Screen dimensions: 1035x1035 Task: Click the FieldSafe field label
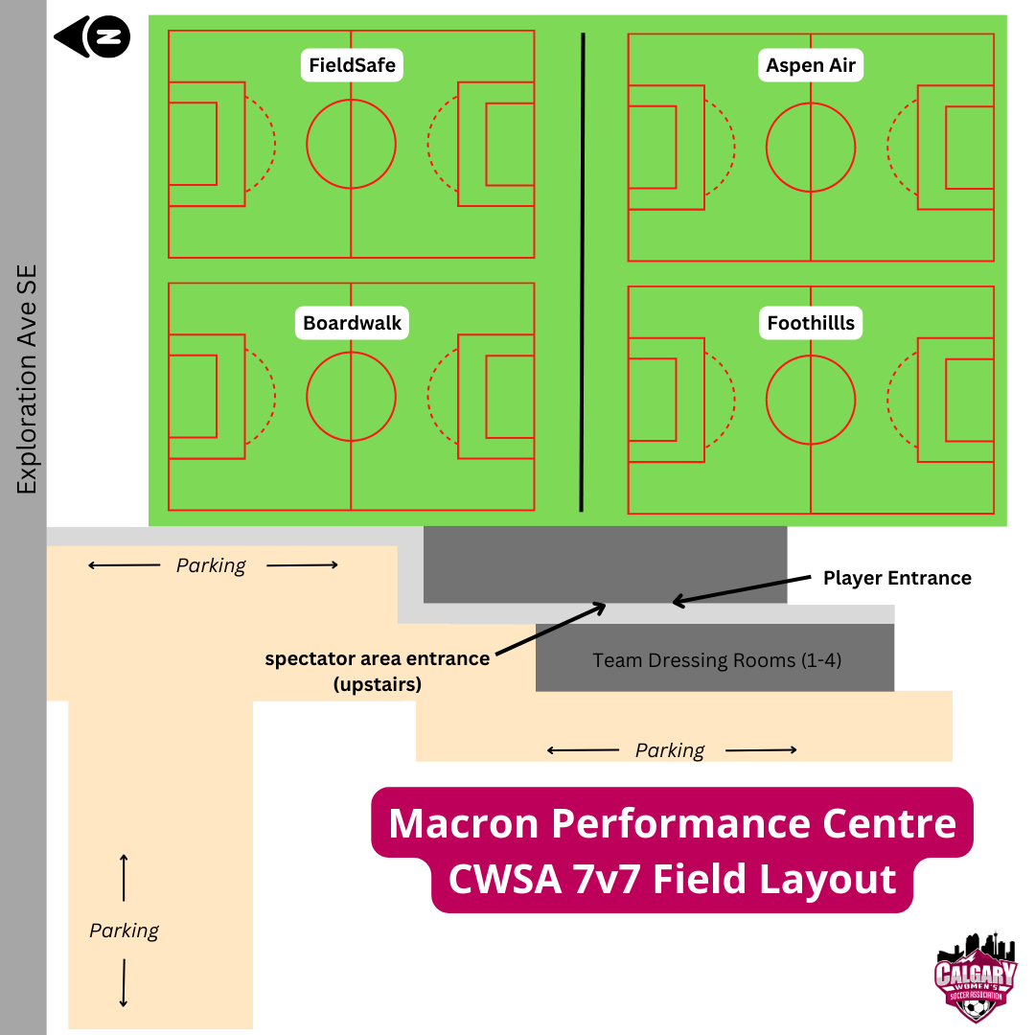tap(352, 66)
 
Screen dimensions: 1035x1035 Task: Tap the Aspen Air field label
tap(811, 66)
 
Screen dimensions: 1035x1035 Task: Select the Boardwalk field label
tap(352, 323)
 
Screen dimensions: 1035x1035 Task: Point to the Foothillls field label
tap(811, 323)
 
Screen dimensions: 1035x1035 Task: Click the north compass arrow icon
tap(92, 37)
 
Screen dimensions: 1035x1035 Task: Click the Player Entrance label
tap(897, 578)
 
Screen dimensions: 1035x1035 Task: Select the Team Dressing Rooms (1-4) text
tap(717, 660)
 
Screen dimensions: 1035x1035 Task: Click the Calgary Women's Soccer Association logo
tap(976, 976)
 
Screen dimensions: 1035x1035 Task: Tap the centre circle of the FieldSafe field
tap(351, 145)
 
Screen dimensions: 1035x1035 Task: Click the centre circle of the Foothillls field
tap(811, 399)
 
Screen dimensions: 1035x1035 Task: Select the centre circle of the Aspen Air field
tap(811, 148)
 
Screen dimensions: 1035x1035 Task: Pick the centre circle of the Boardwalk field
tap(351, 397)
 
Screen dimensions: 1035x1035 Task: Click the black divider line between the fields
tap(582, 271)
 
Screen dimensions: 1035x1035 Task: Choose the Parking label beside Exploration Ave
tap(124, 931)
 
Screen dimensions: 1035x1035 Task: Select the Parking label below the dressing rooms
tap(670, 750)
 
